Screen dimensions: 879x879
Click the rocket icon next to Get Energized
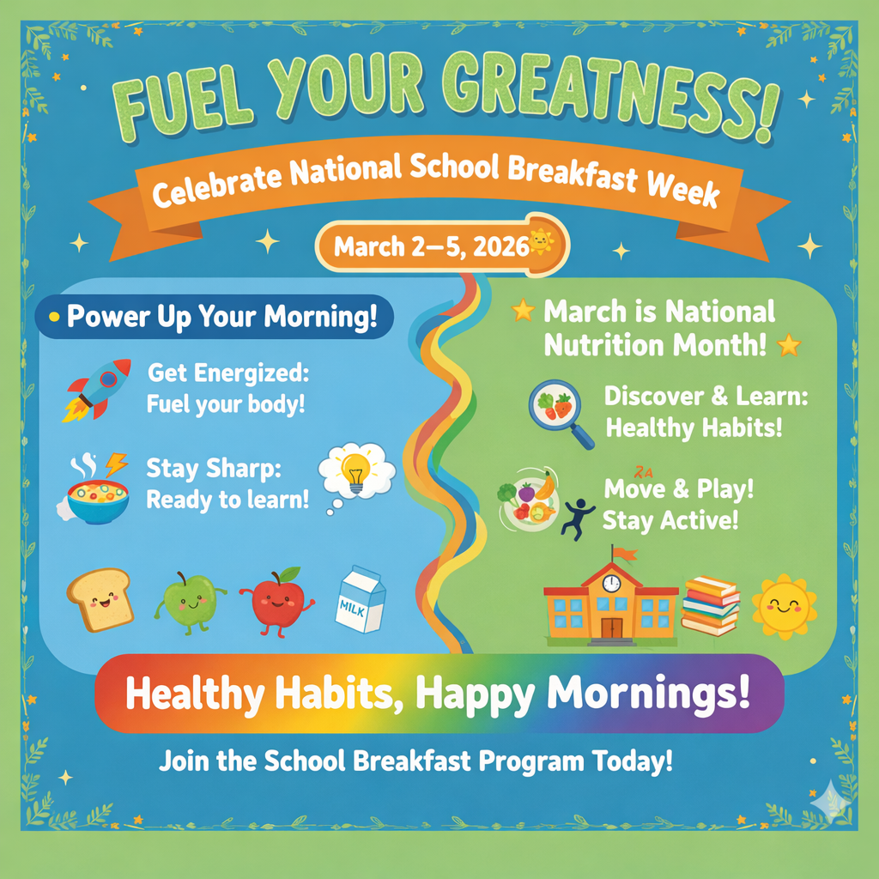[98, 390]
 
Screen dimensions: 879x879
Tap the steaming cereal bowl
[97, 497]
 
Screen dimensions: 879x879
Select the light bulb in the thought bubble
[356, 470]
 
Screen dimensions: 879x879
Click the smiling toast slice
[98, 598]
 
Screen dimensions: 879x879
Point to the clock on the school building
[610, 583]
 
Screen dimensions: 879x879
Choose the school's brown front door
[611, 627]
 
